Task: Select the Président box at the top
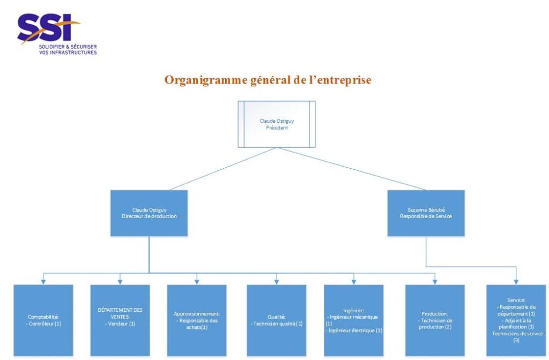click(277, 124)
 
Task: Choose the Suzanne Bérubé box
click(426, 213)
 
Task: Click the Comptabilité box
click(43, 320)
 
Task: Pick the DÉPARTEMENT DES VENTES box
click(120, 320)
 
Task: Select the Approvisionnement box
click(197, 320)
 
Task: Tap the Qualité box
click(276, 320)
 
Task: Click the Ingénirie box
click(354, 320)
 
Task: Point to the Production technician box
click(435, 320)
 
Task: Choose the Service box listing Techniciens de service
click(516, 320)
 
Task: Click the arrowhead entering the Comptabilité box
click(43, 281)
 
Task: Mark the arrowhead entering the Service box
click(516, 281)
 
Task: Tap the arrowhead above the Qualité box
click(276, 281)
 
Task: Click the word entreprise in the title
click(342, 80)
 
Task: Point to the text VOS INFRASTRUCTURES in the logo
click(68, 52)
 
